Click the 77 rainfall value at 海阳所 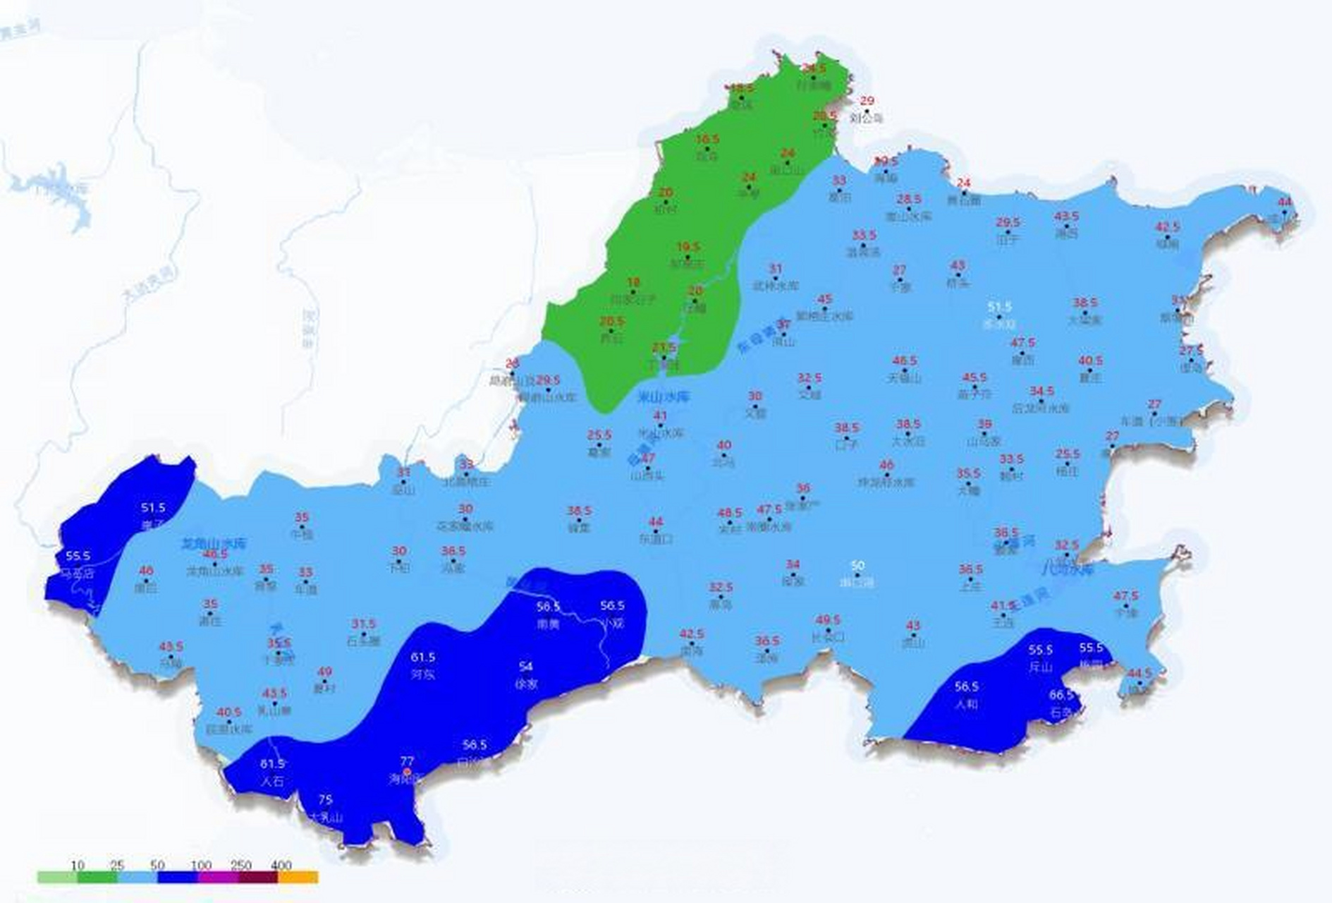(x=407, y=761)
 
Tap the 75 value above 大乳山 (x=325, y=799)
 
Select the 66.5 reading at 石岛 (x=1061, y=695)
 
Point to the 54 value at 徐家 (x=526, y=666)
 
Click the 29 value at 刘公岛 (x=867, y=101)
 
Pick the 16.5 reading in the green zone (x=707, y=139)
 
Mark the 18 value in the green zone (x=633, y=283)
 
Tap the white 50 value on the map (x=857, y=566)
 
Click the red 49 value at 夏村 (x=324, y=672)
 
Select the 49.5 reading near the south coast (x=828, y=619)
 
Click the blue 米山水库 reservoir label (x=663, y=396)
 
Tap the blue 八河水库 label (x=1068, y=569)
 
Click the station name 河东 (x=423, y=674)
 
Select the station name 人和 (x=966, y=703)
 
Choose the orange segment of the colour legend (x=298, y=878)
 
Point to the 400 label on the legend (x=281, y=865)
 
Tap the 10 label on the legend (x=78, y=865)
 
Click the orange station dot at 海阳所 (x=407, y=772)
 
